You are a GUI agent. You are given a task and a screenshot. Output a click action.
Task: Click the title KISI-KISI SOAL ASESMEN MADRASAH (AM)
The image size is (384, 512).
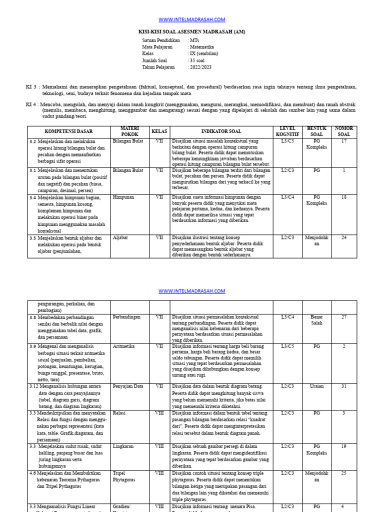coord(192,31)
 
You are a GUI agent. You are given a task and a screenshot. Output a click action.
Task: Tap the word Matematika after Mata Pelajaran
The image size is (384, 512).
coord(202,46)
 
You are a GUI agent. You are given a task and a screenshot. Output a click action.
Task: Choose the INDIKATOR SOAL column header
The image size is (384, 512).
coord(221,132)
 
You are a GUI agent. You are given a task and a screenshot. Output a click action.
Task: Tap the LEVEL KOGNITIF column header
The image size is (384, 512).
coord(287,132)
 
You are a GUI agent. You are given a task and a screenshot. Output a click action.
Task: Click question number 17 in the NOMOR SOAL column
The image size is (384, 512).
coord(344,141)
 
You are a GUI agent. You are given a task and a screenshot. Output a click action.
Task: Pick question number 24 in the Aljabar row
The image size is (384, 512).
coord(344,238)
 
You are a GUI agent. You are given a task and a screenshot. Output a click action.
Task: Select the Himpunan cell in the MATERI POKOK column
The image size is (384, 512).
coord(123,197)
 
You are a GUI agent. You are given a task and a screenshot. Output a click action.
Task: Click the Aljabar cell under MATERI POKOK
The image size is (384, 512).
coord(120,238)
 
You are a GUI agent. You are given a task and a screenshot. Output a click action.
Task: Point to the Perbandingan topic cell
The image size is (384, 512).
coord(126,317)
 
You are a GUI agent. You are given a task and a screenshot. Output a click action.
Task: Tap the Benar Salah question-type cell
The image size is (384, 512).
coord(316,320)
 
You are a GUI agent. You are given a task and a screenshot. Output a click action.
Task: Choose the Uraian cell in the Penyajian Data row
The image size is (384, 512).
coord(316,386)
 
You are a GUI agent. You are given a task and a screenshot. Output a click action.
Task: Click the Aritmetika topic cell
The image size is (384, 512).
coord(124,346)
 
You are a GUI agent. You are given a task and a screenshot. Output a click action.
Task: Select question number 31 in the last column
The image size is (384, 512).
coord(344,386)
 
